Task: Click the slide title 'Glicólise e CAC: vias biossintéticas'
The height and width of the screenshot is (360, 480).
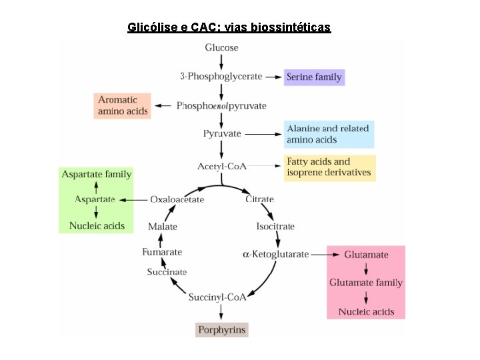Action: pos(229,27)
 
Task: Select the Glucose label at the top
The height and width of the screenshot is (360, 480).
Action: pos(221,48)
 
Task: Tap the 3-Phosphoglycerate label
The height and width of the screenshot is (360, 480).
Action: pos(221,77)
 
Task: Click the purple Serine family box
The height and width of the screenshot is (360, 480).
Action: pos(314,77)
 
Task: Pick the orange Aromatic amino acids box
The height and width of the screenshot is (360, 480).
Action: pos(123,105)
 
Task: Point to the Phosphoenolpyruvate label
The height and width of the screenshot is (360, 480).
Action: pos(221,105)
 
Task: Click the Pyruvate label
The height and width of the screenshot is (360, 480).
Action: pos(222,133)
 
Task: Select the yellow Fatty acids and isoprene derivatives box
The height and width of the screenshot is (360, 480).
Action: pos(329,167)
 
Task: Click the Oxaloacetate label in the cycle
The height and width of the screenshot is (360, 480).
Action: pos(177,199)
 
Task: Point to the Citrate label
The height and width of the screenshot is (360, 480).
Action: pos(259,199)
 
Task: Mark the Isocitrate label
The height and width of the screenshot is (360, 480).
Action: pos(275,227)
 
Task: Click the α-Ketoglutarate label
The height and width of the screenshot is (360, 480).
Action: pos(275,254)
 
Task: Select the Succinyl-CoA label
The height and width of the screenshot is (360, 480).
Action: pos(217,297)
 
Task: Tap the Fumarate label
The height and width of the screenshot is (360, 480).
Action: pos(162,252)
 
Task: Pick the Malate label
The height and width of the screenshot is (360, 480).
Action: pos(163,227)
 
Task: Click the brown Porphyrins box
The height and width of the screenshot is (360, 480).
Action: pos(222,329)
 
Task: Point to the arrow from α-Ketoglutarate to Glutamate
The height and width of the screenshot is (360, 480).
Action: pos(325,254)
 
